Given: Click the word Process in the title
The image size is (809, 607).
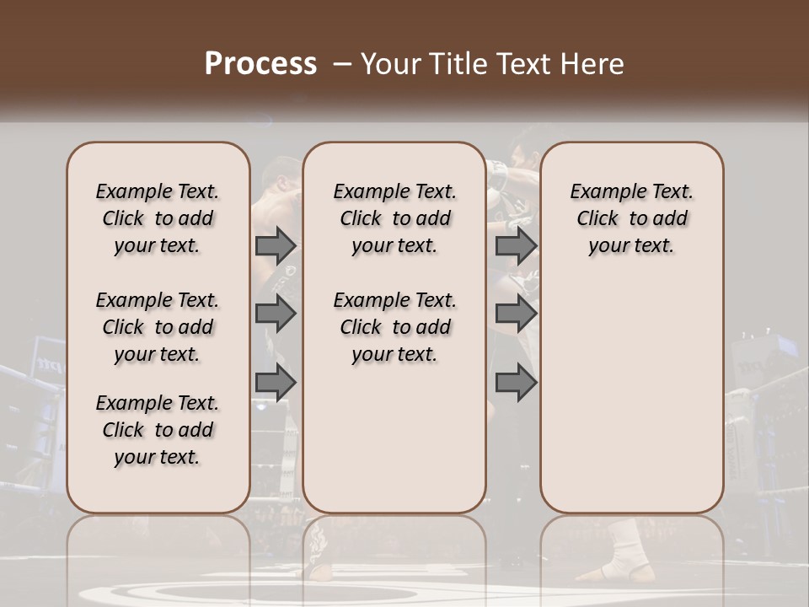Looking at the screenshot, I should (260, 64).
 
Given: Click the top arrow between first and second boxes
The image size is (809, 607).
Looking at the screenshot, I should (276, 246).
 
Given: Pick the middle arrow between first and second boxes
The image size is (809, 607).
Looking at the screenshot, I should (276, 314).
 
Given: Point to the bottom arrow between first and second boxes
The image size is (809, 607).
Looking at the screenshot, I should (276, 383).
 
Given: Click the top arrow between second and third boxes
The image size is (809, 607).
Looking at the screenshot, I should (516, 246).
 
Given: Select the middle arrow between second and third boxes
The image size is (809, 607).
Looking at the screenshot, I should (516, 314).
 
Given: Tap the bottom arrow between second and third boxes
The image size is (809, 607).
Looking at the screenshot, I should (516, 383).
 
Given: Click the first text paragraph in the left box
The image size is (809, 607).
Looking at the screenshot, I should (158, 218).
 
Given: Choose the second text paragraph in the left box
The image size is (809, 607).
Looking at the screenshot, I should (158, 327).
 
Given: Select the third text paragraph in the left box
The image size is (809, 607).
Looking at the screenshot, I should (158, 430).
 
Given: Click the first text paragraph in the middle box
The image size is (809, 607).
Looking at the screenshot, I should (395, 218).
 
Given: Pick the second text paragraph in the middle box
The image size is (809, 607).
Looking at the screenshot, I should (395, 327).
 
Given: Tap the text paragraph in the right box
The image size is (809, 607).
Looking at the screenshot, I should (632, 218).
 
